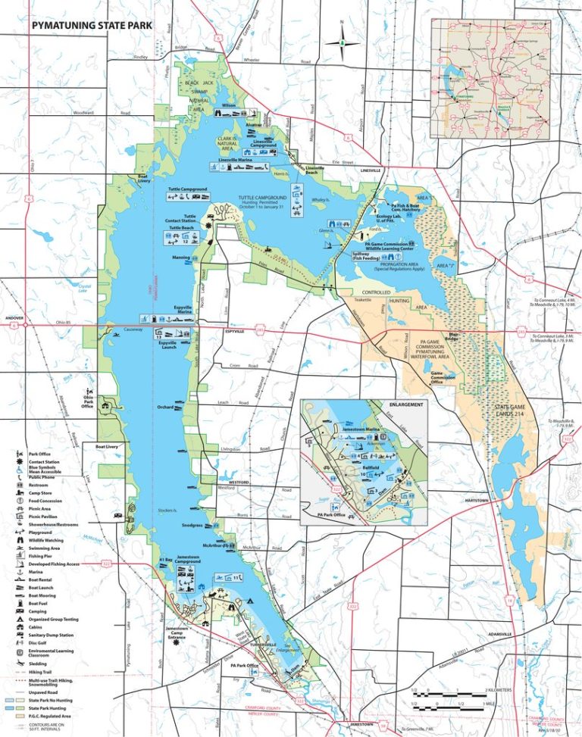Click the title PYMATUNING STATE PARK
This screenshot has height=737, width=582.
(x=92, y=26)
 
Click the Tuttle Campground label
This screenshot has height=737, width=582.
(x=189, y=188)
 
